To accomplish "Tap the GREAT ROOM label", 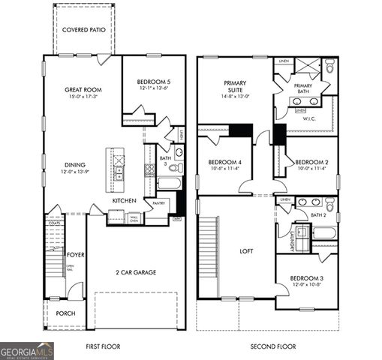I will click(83, 90).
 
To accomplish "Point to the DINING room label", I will click(74, 165).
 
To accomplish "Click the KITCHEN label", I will click(124, 201).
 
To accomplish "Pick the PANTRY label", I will click(158, 203).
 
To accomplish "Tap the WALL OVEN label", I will click(134, 219).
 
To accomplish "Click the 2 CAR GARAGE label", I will click(136, 272).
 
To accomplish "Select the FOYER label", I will click(76, 255).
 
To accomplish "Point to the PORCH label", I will click(65, 313).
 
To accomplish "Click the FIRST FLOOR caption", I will click(104, 346).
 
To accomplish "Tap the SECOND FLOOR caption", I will click(273, 346).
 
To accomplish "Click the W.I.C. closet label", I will click(309, 118).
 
